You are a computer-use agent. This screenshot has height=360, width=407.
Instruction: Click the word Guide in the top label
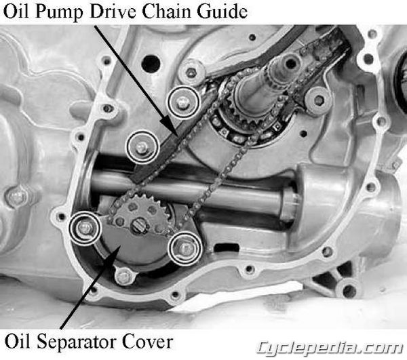pos(222,12)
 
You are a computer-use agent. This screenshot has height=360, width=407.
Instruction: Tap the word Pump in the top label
pos(60,12)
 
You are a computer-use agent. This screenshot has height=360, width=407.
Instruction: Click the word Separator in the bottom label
pos(77,342)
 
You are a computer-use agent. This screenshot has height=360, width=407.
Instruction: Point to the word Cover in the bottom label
pos(147,342)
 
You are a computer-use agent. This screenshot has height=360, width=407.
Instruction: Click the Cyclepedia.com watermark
pos(330,348)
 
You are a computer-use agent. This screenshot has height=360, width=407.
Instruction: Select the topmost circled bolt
pos(183,102)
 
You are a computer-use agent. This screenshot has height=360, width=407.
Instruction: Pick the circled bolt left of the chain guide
pos(142,147)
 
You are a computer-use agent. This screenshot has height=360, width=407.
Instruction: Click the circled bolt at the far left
pos(85,228)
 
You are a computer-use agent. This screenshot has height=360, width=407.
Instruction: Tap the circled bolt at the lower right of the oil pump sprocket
pos(185,248)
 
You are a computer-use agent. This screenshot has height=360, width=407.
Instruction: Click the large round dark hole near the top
pos(151,64)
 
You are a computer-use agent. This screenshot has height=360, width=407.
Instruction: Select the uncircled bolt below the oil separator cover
pos(124,277)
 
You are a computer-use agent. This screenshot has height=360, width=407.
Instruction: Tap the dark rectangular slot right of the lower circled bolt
pos(227,247)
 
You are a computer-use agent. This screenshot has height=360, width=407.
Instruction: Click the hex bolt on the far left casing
pos(16,197)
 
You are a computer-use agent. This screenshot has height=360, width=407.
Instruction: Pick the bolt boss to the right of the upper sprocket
pos(318,100)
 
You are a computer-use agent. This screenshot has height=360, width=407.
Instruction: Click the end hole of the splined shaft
pos(291,63)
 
